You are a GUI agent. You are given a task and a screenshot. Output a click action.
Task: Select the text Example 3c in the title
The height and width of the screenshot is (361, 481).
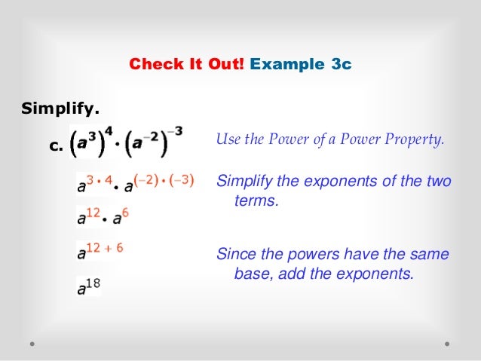coord(300,65)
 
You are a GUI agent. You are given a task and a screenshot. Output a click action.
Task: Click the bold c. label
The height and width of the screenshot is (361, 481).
coord(54,147)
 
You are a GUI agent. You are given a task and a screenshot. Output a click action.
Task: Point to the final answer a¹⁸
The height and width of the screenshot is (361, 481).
coord(89,286)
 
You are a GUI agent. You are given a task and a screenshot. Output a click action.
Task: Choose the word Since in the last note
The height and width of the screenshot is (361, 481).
coord(237,254)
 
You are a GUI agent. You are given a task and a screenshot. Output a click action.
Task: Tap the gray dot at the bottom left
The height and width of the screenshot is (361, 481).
coord(33,343)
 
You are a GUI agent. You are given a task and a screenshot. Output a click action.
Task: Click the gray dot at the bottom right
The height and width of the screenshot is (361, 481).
coord(447,343)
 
